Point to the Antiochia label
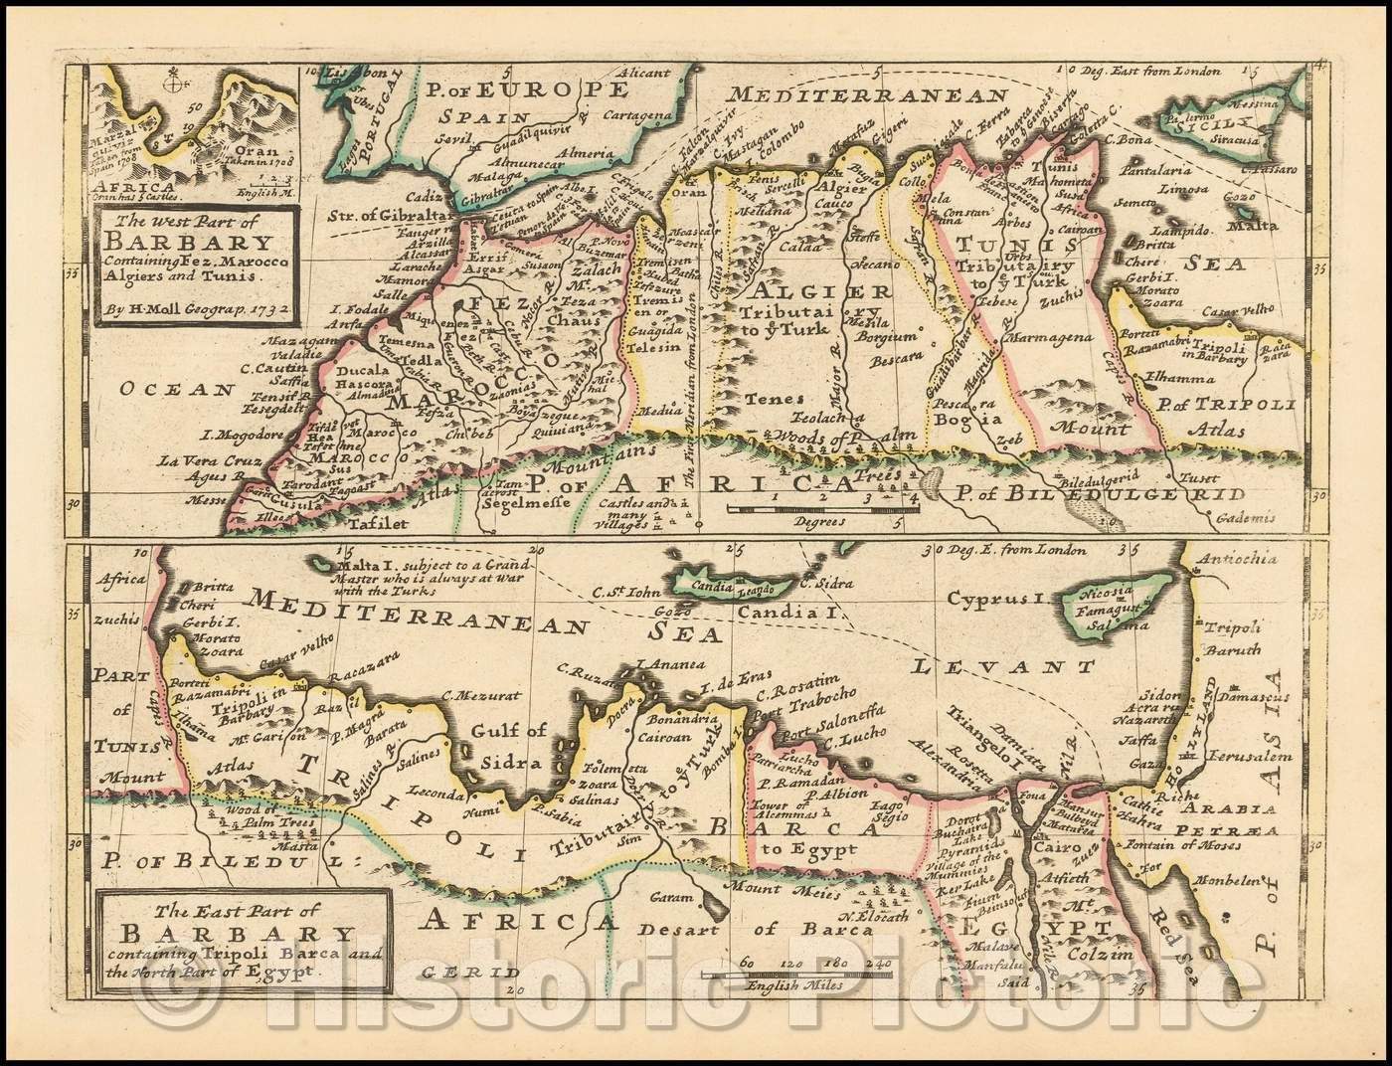click(x=1242, y=559)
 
